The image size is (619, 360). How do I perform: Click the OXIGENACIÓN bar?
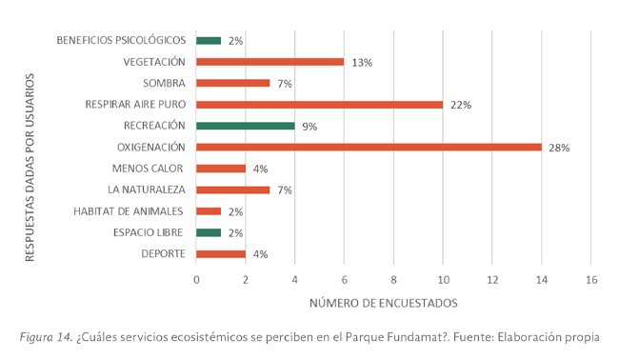[369, 147]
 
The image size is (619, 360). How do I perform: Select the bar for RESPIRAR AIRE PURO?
[319, 104]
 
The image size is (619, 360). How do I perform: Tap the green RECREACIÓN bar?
[245, 126]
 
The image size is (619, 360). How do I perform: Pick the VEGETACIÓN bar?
[270, 62]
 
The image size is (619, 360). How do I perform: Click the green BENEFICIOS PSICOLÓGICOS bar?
[209, 40]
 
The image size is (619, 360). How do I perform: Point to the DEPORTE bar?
[221, 253]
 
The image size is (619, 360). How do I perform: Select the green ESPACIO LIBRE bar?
[209, 232]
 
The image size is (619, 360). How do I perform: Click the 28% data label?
[559, 148]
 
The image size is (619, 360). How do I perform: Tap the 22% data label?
[461, 105]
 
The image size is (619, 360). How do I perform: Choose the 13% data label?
[362, 63]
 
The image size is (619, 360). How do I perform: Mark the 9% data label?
[310, 127]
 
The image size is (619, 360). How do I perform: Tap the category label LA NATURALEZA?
[145, 190]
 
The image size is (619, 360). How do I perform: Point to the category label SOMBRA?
[163, 83]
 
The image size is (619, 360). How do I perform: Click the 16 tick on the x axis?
[591, 280]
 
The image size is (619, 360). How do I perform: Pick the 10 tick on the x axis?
[443, 280]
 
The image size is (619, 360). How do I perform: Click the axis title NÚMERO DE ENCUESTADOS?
[383, 304]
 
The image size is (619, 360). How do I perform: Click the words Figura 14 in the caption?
[45, 337]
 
